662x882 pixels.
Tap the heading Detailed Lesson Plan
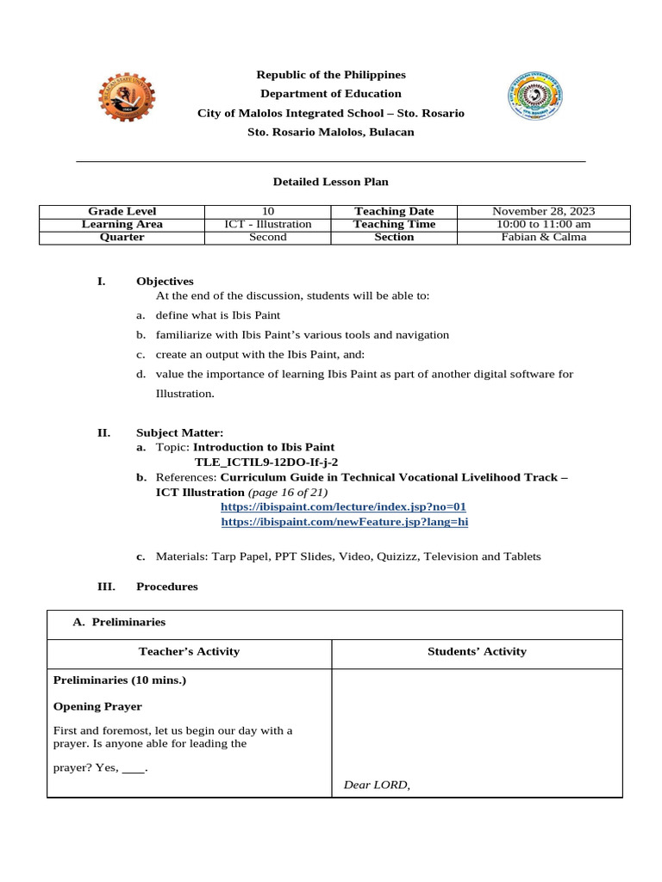331,182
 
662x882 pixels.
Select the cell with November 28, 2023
543,211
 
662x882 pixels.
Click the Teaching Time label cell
394,224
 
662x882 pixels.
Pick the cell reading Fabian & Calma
543,237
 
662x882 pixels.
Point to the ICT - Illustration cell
268,224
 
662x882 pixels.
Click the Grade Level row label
122,211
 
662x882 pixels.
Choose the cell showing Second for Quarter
268,237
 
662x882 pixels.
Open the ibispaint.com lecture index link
343,507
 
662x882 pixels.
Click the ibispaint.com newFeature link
345,522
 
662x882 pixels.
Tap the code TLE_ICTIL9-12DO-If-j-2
266,462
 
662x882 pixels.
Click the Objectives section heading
165,281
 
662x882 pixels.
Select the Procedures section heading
167,587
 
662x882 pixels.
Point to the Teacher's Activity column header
190,652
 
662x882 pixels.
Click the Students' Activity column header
477,652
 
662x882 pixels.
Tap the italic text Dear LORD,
377,785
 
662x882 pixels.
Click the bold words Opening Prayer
97,706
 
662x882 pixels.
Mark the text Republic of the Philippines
331,75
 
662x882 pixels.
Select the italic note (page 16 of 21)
288,493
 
